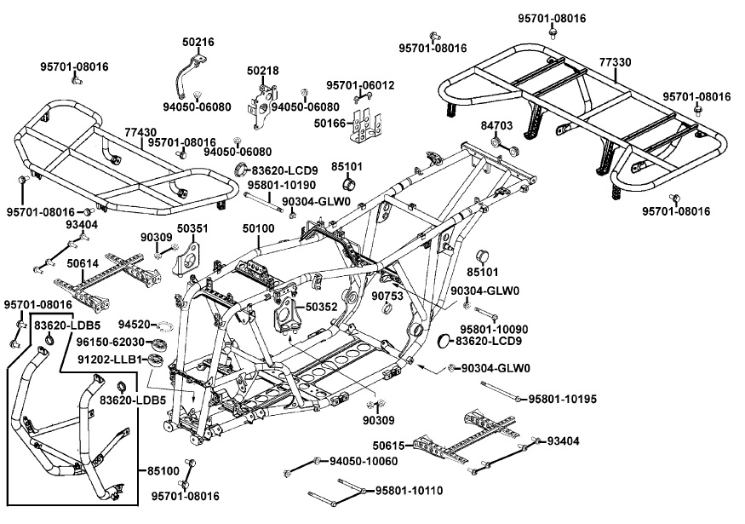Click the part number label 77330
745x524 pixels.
point(616,62)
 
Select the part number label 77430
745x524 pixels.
point(140,132)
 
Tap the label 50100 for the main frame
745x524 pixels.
point(258,229)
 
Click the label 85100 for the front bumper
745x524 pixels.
point(163,469)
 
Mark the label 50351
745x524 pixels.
point(192,228)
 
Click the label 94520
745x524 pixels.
point(134,325)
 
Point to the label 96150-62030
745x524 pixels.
point(122,343)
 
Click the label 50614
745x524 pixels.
point(82,265)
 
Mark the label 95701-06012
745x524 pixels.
point(360,85)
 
